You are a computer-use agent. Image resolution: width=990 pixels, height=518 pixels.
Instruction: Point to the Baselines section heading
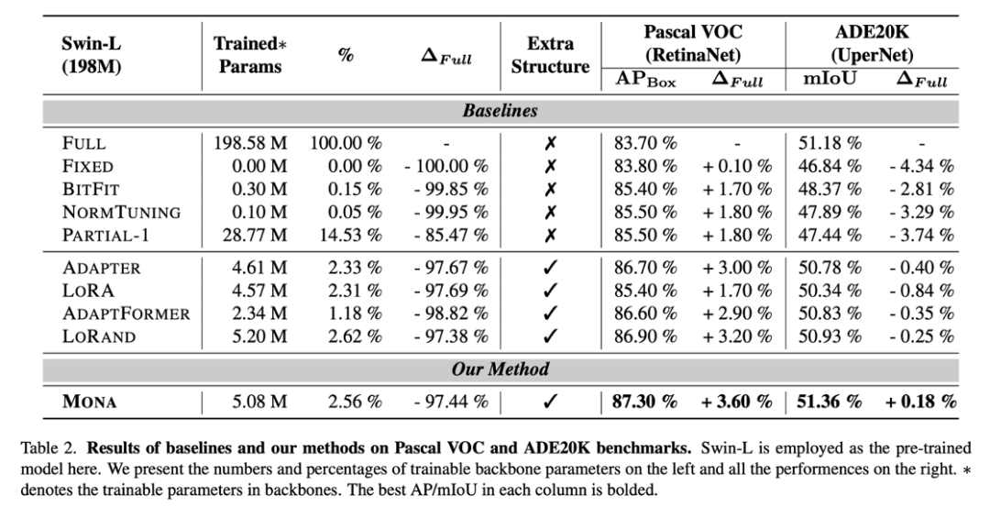tap(500, 112)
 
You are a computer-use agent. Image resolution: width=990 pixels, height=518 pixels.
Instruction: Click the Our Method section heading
tap(500, 369)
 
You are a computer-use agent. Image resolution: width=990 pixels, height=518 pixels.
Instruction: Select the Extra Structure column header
tap(550, 55)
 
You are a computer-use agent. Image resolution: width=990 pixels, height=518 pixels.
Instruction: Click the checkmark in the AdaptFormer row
tap(550, 314)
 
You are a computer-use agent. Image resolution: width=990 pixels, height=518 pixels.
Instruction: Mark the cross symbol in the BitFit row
tap(550, 190)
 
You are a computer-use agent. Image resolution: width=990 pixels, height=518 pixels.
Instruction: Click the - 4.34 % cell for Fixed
tap(919, 167)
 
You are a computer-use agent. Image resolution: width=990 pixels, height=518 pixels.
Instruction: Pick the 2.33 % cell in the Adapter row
tap(356, 269)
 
